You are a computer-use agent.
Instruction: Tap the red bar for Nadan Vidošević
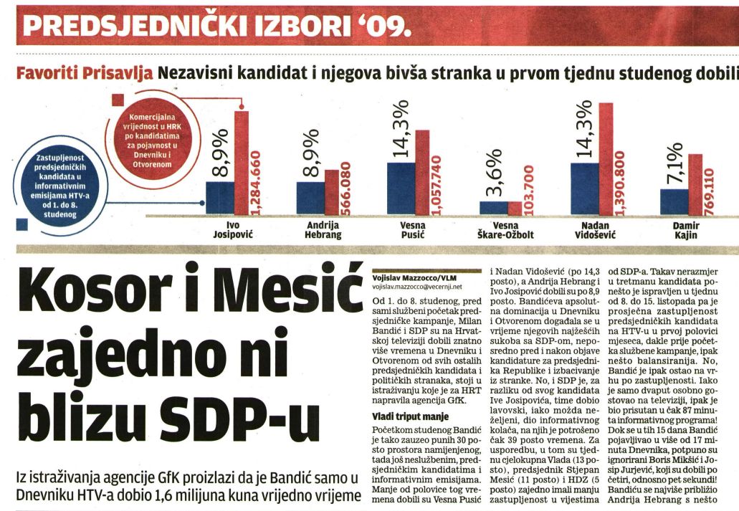606,159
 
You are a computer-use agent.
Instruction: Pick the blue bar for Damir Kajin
673,201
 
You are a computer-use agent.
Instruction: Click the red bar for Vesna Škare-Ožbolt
515,208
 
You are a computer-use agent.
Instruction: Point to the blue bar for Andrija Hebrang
310,198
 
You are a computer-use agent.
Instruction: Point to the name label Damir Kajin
685,230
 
